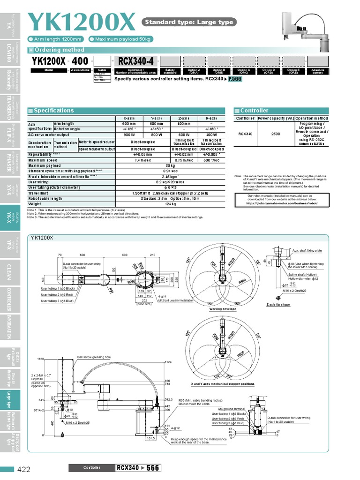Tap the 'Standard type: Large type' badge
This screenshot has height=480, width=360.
[x=188, y=22]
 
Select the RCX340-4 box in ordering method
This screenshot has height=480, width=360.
[x=135, y=61]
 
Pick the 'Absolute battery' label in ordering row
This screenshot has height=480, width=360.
[x=318, y=71]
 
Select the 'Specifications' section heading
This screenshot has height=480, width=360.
[x=54, y=111]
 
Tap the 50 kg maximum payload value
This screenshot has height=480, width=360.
[x=170, y=165]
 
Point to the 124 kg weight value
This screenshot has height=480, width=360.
[x=170, y=204]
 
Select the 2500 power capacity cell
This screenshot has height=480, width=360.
[x=276, y=134]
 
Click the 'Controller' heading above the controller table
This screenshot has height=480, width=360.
[x=254, y=111]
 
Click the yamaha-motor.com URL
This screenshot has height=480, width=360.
[x=282, y=203]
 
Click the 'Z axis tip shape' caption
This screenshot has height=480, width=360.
[x=278, y=305]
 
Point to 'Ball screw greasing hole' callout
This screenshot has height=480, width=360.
[x=94, y=357]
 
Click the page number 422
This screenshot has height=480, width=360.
[x=24, y=469]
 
